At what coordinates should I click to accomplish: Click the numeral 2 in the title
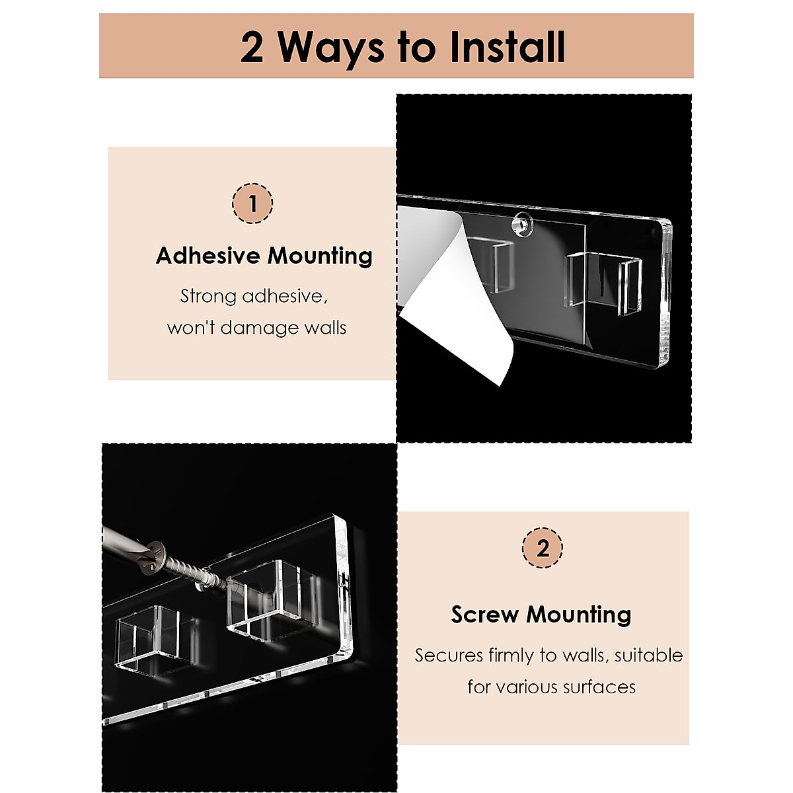pyautogui.click(x=252, y=47)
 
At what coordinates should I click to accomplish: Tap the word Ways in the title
pyautogui.click(x=331, y=50)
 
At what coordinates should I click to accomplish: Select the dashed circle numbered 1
pyautogui.click(x=252, y=204)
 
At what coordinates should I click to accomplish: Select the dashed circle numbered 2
pyautogui.click(x=543, y=548)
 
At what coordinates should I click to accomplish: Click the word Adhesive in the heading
pyautogui.click(x=208, y=256)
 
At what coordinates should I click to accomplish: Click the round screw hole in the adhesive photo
pyautogui.click(x=522, y=225)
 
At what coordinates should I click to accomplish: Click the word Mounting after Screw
pyautogui.click(x=579, y=615)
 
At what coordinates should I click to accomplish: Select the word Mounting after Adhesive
pyautogui.click(x=320, y=256)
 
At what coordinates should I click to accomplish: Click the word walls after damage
pyautogui.click(x=326, y=328)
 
